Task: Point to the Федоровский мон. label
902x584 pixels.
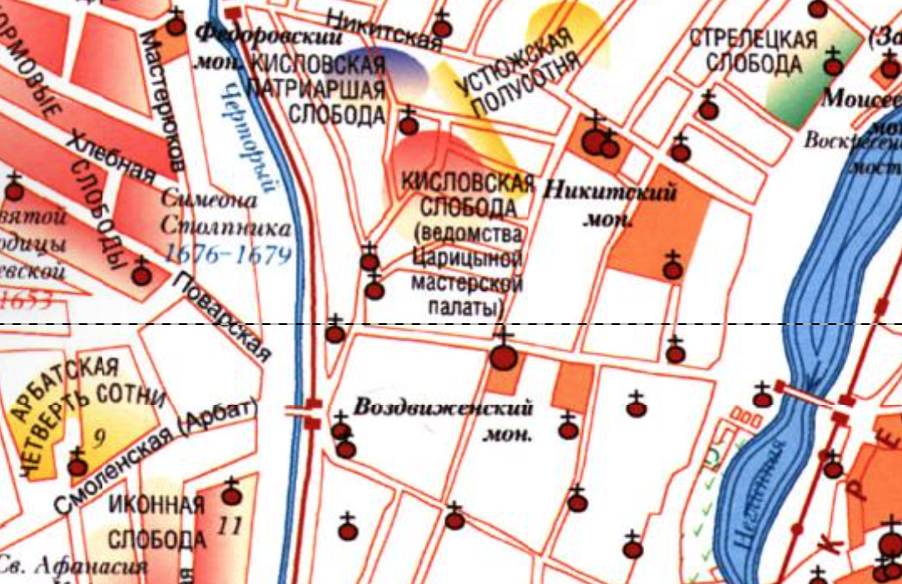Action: click(x=258, y=46)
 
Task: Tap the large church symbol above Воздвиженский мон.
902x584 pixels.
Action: click(x=503, y=357)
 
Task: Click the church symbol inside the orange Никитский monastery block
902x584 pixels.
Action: click(x=672, y=269)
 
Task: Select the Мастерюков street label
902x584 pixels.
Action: click(x=163, y=100)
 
